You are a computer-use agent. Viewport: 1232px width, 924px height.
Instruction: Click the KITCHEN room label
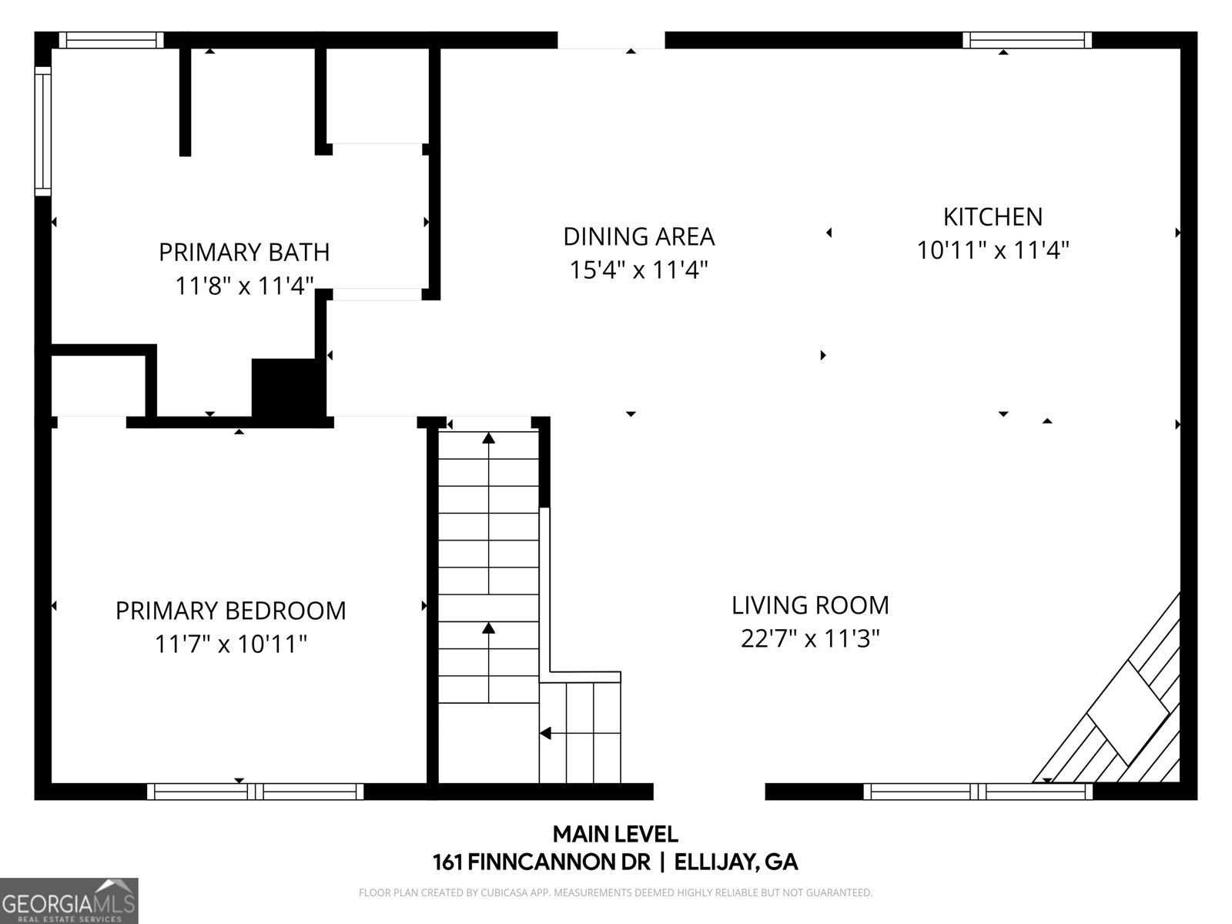[993, 217]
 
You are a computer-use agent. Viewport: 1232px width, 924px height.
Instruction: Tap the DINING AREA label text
[639, 236]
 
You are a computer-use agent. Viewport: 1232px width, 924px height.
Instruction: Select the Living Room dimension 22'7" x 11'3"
[810, 638]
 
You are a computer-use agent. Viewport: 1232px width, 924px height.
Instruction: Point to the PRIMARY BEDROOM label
[231, 611]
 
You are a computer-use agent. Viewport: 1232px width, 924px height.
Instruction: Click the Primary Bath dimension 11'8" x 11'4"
[244, 286]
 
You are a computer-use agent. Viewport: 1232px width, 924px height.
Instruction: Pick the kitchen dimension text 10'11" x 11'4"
[993, 250]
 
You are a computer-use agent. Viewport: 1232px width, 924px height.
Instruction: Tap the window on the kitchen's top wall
[1027, 40]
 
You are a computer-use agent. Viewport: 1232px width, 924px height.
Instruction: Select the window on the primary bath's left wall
[43, 131]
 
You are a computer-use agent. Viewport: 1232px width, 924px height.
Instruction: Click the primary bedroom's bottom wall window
[256, 791]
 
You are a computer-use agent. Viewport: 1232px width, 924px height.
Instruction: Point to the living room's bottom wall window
[978, 791]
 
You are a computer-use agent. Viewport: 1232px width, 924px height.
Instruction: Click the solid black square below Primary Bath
[289, 388]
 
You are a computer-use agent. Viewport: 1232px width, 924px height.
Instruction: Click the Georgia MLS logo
[69, 900]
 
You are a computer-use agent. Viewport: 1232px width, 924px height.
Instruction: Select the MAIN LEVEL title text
[615, 834]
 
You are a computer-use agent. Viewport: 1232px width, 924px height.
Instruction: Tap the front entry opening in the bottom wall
[709, 791]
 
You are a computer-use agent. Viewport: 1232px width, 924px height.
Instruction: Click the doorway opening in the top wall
[611, 40]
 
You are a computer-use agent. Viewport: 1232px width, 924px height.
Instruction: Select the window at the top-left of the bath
[111, 40]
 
